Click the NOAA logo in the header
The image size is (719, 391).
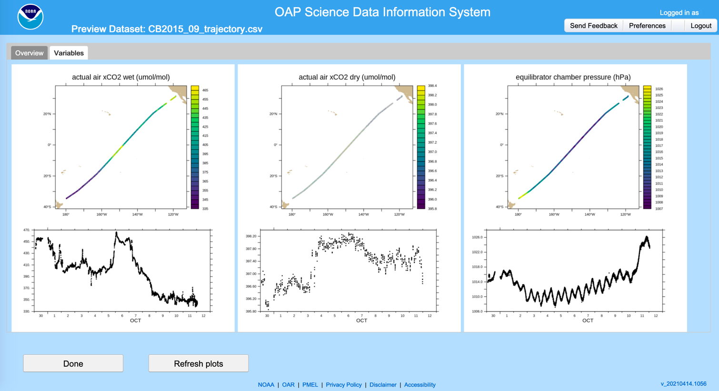point(30,17)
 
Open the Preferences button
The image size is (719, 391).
point(647,26)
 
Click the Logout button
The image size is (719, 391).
point(701,26)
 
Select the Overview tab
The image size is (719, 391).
point(29,53)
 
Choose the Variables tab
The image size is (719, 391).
point(69,53)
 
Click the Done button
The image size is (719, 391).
point(73,363)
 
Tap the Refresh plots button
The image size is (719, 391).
point(198,363)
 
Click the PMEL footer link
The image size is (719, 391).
point(310,385)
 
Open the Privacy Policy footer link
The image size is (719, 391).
point(343,385)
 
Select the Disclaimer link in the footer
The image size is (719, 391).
point(383,385)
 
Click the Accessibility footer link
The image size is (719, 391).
point(419,385)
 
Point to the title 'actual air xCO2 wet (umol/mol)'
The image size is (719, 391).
point(121,77)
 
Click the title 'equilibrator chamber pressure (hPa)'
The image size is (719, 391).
point(573,77)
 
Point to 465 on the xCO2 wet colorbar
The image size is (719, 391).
point(205,90)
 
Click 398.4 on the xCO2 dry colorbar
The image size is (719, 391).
point(432,86)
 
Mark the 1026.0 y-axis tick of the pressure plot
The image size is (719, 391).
point(477,237)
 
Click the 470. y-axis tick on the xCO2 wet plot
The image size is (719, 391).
point(27,230)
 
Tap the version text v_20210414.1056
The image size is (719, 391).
point(683,384)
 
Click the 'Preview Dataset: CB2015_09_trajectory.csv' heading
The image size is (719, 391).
point(167,29)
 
